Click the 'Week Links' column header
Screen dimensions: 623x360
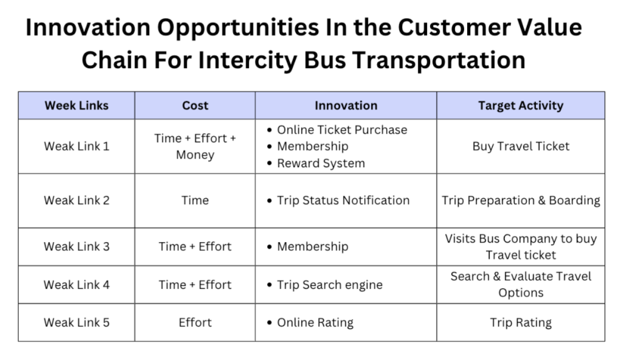tap(76, 105)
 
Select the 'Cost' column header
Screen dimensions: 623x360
tap(195, 105)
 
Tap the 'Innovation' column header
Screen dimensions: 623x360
tap(346, 105)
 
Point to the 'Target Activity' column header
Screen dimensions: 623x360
tap(521, 105)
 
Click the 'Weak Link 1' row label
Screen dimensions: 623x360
tap(76, 146)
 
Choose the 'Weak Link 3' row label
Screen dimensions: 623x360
tap(76, 246)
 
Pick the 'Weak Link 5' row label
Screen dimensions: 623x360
tap(76, 322)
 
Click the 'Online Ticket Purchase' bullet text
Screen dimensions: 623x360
tap(342, 130)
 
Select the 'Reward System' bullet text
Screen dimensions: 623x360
tap(321, 164)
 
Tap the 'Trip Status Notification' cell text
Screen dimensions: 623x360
tap(343, 200)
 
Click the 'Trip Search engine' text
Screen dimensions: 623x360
tap(330, 285)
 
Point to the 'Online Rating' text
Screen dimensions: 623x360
tap(315, 323)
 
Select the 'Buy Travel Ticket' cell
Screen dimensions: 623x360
tap(521, 146)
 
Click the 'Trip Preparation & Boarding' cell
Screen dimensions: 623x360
tap(521, 200)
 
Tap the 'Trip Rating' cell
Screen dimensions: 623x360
tap(521, 323)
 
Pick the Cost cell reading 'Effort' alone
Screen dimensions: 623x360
tap(195, 322)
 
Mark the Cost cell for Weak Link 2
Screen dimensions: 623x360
tap(195, 200)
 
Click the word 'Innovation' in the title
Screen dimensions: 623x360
tap(88, 28)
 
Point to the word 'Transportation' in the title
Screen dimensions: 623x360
tap(439, 60)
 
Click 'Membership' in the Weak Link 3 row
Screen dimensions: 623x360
tap(313, 247)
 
